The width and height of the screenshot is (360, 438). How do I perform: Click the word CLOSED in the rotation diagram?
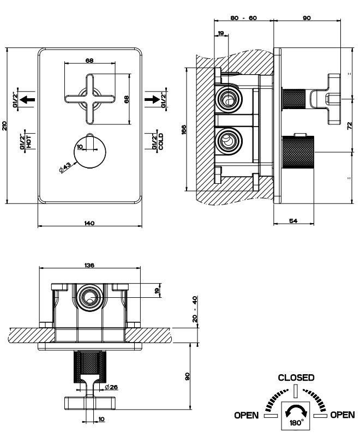pyautogui.click(x=296, y=377)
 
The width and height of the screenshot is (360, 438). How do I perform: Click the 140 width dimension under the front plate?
pyautogui.click(x=90, y=223)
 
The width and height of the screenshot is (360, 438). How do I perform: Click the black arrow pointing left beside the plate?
pyautogui.click(x=29, y=99)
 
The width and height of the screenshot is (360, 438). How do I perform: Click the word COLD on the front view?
pyautogui.click(x=161, y=141)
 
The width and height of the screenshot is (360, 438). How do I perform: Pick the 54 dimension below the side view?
pyautogui.click(x=293, y=220)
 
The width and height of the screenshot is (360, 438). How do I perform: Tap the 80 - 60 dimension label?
pyautogui.click(x=244, y=18)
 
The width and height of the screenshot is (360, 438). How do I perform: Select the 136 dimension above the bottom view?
pyautogui.click(x=90, y=265)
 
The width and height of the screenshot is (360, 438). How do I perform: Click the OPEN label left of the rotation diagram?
pyautogui.click(x=247, y=415)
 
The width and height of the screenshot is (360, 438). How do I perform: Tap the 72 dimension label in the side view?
pyautogui.click(x=350, y=127)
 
